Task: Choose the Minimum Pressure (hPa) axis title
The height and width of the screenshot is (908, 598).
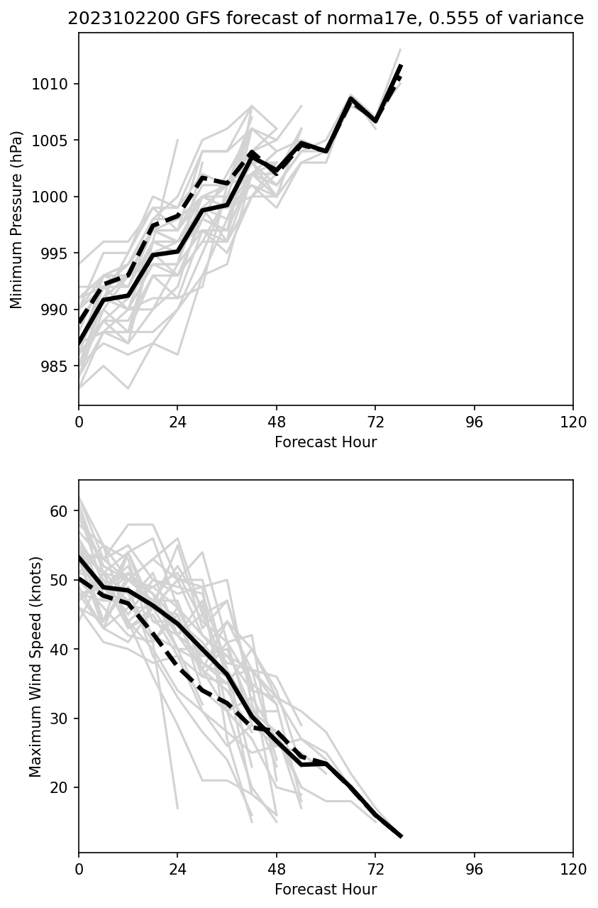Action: (17, 220)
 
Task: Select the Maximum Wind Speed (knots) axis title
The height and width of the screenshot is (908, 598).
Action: (36, 667)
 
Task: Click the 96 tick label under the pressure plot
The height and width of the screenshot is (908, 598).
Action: (474, 422)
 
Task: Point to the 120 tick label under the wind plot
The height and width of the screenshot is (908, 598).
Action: (573, 869)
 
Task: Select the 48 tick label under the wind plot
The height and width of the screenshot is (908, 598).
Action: (277, 869)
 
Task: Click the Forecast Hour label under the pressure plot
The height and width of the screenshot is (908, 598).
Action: (326, 442)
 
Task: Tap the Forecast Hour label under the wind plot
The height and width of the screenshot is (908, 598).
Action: (326, 890)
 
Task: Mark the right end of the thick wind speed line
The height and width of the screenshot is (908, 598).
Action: (401, 836)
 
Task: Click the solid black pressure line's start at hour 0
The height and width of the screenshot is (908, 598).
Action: (79, 344)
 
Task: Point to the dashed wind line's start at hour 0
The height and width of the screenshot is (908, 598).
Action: (79, 578)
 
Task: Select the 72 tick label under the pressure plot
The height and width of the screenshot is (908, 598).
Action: (375, 422)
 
